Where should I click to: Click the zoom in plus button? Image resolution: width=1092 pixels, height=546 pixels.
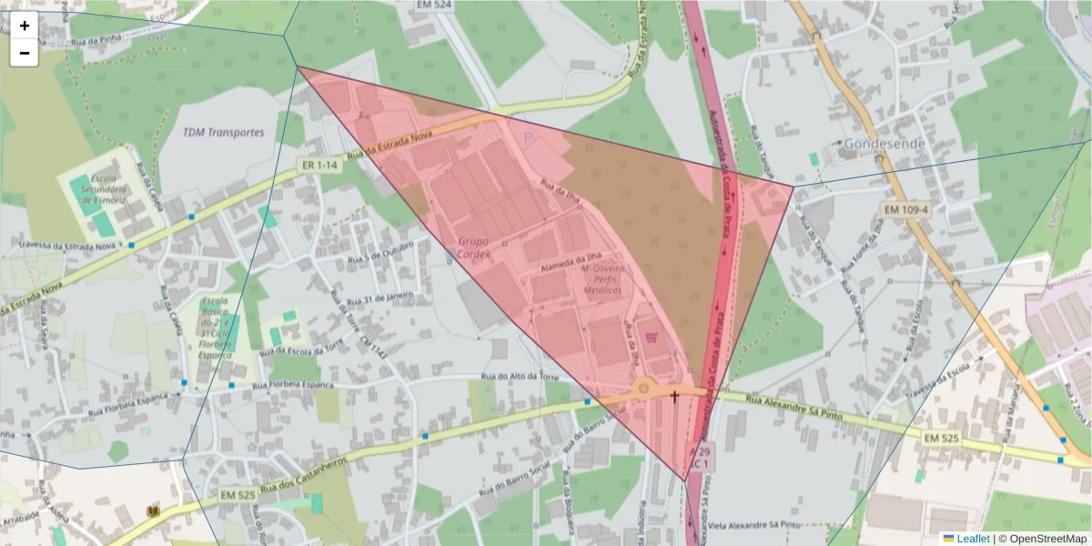click(25, 25)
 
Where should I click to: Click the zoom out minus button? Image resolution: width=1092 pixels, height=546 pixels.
click(25, 53)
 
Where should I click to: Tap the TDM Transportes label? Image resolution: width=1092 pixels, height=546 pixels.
click(223, 132)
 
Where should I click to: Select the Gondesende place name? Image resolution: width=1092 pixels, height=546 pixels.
click(885, 144)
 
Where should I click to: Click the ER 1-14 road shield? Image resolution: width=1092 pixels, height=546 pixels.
click(319, 166)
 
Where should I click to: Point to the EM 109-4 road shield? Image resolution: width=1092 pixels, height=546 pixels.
click(905, 210)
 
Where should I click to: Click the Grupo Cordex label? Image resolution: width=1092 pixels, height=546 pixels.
click(474, 248)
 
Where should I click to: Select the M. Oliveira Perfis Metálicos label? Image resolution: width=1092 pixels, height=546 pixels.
click(601, 279)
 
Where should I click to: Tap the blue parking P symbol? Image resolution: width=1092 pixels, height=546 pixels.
click(530, 137)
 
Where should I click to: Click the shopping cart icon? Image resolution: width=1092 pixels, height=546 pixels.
click(652, 337)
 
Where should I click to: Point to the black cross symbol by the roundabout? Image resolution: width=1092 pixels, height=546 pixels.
click(675, 396)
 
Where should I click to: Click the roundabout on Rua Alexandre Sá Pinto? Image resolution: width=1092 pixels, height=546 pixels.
click(643, 389)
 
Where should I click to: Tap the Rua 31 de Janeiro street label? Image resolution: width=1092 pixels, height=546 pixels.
click(376, 298)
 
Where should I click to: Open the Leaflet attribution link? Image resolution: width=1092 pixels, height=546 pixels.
click(972, 539)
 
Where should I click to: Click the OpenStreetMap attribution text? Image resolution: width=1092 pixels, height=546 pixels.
click(1043, 539)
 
